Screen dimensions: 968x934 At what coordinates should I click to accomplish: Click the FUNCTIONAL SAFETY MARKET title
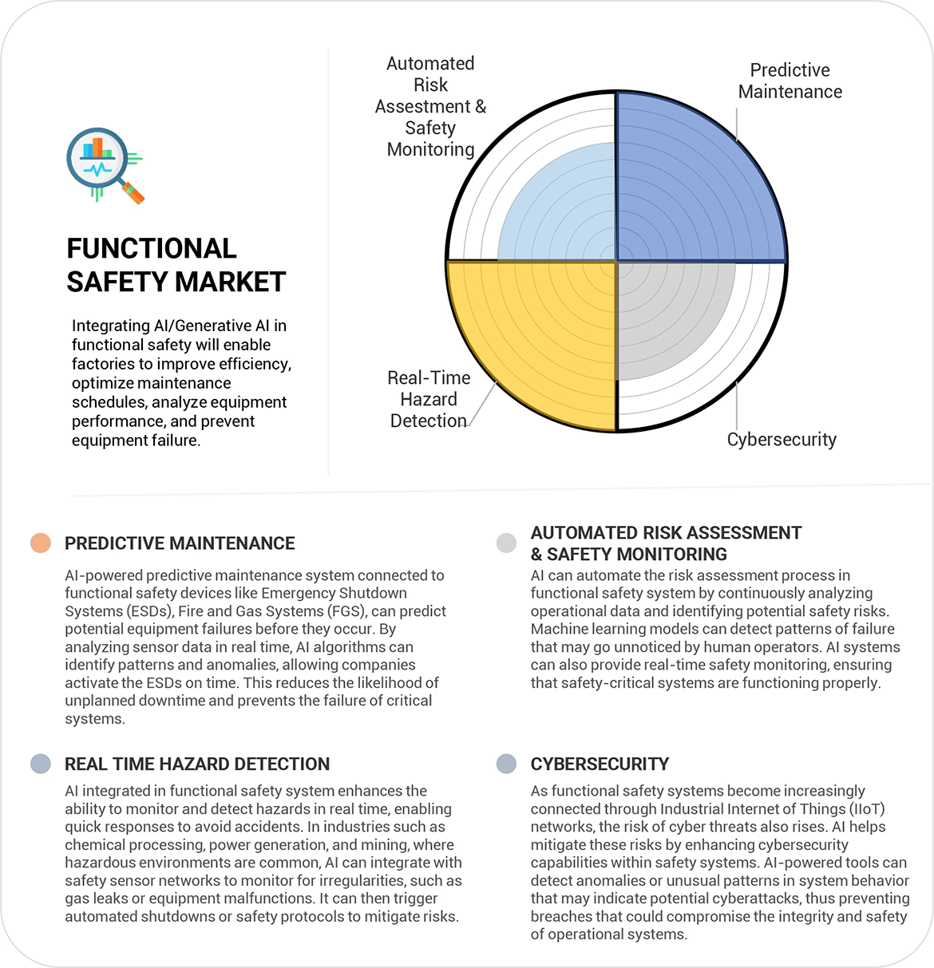pyautogui.click(x=176, y=265)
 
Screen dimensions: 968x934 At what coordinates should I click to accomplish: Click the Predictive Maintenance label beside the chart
pyautogui.click(x=790, y=81)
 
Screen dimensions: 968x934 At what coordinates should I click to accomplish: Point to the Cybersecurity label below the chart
pyautogui.click(x=782, y=440)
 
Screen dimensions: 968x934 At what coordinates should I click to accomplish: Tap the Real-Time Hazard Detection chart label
pyautogui.click(x=429, y=399)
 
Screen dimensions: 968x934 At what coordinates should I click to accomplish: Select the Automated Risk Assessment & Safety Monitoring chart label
pyautogui.click(x=430, y=106)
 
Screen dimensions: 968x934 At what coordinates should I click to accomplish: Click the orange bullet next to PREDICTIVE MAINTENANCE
pyautogui.click(x=41, y=543)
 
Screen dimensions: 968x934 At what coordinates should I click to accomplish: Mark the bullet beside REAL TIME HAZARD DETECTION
pyautogui.click(x=41, y=764)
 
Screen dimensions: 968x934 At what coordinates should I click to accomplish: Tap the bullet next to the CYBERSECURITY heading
pyautogui.click(x=506, y=764)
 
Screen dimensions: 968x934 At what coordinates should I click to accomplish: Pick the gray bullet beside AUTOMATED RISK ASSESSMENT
pyautogui.click(x=506, y=543)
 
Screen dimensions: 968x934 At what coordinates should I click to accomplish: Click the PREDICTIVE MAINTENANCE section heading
pyautogui.click(x=180, y=543)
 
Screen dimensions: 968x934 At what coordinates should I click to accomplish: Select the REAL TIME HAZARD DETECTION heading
pyautogui.click(x=197, y=765)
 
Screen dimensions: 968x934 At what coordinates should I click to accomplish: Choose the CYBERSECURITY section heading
pyautogui.click(x=600, y=765)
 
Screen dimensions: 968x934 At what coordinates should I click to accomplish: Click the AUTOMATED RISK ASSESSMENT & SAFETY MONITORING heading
pyautogui.click(x=666, y=543)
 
